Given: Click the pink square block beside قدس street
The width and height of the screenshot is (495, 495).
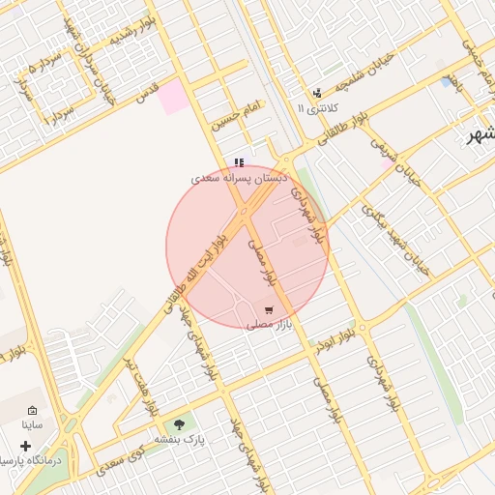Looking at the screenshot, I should pos(174,98).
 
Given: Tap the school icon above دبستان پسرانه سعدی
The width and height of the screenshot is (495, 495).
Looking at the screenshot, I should pos(239,161).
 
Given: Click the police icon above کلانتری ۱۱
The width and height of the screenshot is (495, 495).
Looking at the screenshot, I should pos(317,94).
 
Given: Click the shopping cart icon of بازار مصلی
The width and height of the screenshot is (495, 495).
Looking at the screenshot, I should pos(269,310).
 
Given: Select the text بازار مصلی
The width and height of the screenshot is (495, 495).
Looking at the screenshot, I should pos(269,326).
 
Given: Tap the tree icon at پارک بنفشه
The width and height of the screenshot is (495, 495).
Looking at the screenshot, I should pos(178,422).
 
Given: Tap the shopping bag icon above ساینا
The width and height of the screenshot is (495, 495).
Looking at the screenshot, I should pos(34,410).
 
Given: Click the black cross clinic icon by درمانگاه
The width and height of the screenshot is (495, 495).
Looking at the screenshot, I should pos(25,446).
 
